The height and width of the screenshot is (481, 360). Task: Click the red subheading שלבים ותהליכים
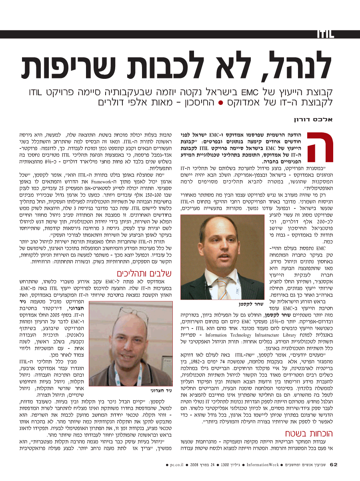point(140,274)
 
